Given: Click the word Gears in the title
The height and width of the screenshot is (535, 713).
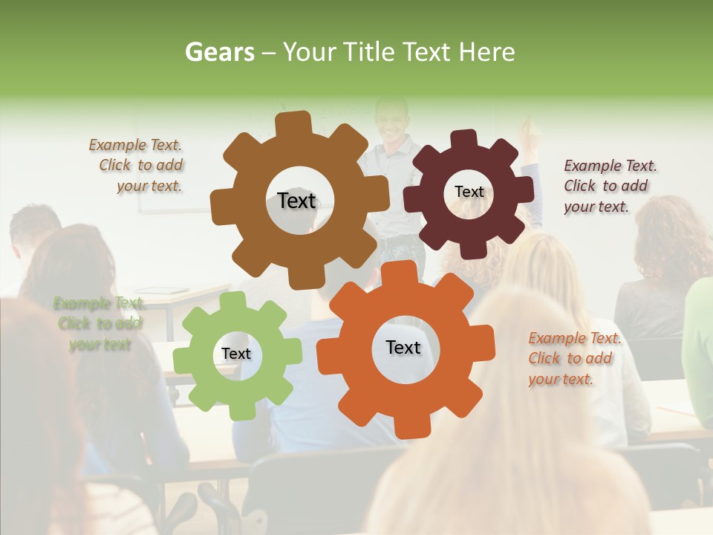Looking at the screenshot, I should pos(219,52).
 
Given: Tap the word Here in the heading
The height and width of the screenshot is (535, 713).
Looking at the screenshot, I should pos(487,52).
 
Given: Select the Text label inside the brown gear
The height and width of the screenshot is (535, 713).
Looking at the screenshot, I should pos(296,201).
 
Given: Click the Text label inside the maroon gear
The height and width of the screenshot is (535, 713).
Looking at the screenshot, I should pos(469,192).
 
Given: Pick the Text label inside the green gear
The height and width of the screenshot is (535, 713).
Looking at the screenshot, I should pos(236,354).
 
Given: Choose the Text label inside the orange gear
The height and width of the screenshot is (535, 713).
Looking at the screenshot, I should pos(403,347).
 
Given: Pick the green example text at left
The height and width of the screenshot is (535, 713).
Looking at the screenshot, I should pos(99,324).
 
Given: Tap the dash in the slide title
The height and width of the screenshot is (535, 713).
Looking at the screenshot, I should pos(270,52).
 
